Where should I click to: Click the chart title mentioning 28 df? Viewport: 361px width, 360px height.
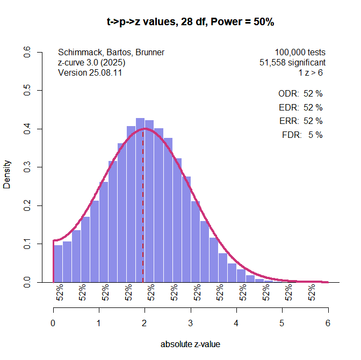coord(191,22)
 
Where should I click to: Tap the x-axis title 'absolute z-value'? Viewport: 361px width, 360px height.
coord(190,344)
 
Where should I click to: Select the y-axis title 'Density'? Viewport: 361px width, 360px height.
coord(7,174)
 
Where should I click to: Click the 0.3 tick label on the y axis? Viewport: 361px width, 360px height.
coord(27,167)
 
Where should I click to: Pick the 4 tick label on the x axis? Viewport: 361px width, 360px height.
coord(236,324)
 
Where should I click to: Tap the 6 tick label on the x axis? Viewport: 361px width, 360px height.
coord(328,324)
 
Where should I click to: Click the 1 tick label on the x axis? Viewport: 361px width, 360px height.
coord(99,324)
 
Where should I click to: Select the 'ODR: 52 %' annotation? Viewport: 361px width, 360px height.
coord(300,93)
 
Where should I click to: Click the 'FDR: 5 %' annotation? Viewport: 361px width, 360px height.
coord(302,135)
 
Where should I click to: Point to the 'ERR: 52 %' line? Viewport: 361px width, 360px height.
coord(301,121)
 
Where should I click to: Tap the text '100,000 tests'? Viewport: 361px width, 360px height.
coord(300,53)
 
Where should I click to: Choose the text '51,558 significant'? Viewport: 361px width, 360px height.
coord(292,62)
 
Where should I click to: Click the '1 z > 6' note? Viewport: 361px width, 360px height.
coord(311,72)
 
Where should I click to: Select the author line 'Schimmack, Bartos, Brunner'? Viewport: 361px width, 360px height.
coord(111,53)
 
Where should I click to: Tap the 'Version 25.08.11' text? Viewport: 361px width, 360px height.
coord(90,72)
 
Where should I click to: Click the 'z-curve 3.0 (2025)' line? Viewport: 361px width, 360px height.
coord(92,62)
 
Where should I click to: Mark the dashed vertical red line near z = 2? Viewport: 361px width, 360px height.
coord(143,215)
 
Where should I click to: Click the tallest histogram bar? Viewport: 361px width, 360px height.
coord(140,204)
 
